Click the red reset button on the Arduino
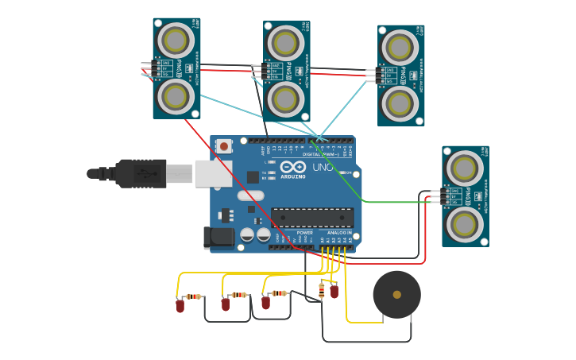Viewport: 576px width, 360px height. point(225,145)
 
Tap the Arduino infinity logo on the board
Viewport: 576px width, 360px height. point(292,168)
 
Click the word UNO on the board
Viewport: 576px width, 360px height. point(322,168)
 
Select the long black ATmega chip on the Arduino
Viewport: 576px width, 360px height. point(312,218)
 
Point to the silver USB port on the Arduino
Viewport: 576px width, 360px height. point(213,173)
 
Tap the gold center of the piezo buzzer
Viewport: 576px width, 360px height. point(396,295)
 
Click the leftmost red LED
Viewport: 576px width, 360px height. point(180,305)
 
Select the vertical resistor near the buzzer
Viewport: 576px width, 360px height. point(321,291)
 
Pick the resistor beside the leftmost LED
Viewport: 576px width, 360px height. point(193,296)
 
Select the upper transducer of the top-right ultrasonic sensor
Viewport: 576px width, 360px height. point(399,47)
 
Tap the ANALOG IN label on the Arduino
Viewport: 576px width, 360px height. point(339,233)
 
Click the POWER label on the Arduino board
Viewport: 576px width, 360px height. point(305,233)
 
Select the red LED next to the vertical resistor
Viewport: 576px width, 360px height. point(334,292)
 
